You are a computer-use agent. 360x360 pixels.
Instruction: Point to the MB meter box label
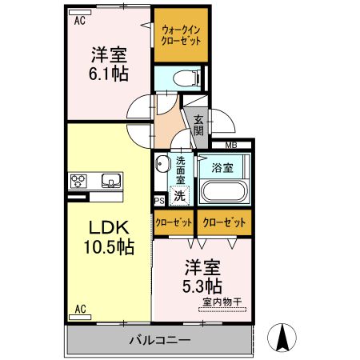coord(230,145)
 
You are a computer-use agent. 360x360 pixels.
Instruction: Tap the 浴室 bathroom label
coord(222,168)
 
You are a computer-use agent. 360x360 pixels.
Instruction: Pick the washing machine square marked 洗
coord(181,194)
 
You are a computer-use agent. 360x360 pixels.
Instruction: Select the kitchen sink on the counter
coord(110,178)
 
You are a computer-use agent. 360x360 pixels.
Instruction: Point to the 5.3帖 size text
coord(202,284)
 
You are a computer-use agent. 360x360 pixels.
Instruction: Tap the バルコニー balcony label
coord(160,340)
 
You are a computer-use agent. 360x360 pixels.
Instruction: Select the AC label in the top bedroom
coord(80,22)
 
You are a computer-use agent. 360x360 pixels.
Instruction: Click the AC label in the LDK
coord(80,308)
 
